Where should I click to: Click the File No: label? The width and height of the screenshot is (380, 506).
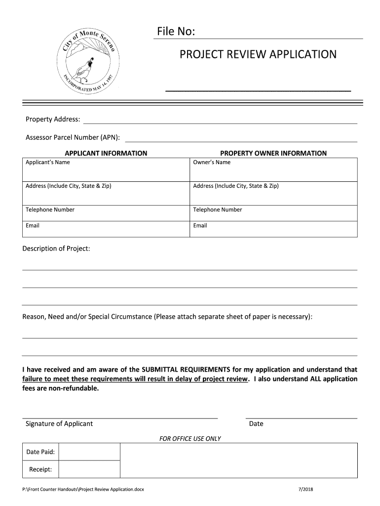(x=176, y=32)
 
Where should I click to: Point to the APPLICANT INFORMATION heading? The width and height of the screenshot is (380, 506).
(x=106, y=153)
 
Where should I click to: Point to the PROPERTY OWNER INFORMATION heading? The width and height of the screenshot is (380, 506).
(x=273, y=153)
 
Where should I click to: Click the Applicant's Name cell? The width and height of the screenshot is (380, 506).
(x=106, y=169)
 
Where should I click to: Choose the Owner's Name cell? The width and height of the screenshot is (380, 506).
(x=273, y=169)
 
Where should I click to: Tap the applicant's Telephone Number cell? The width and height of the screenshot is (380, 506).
(x=106, y=213)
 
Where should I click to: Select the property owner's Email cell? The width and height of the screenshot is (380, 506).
(x=273, y=229)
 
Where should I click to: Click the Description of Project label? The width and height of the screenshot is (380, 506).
(x=56, y=248)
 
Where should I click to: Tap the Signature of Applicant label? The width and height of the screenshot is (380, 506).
(x=59, y=423)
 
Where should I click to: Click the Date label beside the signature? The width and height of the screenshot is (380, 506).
(x=256, y=423)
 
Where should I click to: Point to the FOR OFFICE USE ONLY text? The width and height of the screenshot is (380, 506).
(x=190, y=438)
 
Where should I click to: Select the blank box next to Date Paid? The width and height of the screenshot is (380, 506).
(x=90, y=452)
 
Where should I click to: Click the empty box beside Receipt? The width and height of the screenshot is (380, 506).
(x=90, y=469)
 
